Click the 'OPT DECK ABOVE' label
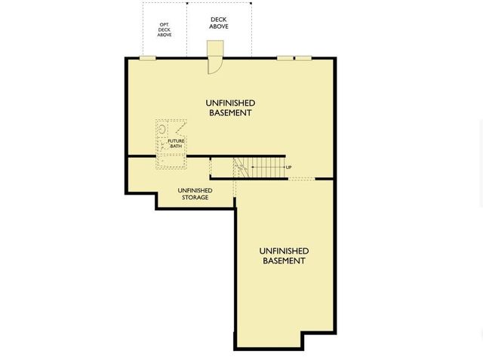(165, 29)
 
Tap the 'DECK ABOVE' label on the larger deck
(219, 23)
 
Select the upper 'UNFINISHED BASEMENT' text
(230, 107)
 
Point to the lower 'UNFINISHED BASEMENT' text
(284, 255)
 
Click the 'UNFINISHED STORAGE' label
(195, 194)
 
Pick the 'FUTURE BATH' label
(176, 143)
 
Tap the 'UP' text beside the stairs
(289, 167)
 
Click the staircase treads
(260, 168)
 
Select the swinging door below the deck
(215, 60)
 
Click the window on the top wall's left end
(148, 58)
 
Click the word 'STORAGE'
(195, 198)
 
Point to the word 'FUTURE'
(176, 140)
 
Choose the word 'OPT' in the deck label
(165, 24)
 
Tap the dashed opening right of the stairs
(302, 179)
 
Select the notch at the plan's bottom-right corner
(318, 340)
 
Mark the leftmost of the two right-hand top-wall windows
(285, 58)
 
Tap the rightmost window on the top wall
(303, 58)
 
